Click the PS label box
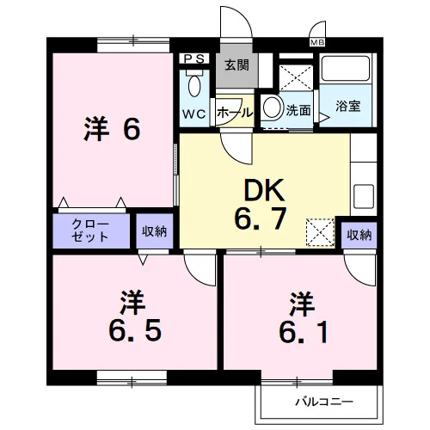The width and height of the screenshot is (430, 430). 194,58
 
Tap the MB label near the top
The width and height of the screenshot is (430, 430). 317,42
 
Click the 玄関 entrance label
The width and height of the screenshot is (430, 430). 236,65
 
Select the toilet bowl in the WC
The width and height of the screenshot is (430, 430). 194,83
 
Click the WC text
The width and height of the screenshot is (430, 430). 194,114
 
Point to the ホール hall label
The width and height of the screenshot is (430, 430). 235,113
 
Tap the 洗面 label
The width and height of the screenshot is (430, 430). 298,110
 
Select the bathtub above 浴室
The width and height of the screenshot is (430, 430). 345,69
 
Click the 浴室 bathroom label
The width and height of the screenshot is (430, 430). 348,106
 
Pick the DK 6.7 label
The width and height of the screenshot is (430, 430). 261,204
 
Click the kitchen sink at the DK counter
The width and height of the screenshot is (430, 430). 364,196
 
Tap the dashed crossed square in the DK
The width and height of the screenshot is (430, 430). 321,232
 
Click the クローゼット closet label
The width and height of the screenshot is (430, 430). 90,230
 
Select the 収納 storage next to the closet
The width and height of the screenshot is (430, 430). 155,231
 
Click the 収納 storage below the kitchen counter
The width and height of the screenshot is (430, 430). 359,235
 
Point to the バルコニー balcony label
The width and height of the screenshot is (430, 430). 324,402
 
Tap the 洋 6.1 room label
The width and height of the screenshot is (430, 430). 303,317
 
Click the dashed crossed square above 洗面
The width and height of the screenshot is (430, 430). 296,77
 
